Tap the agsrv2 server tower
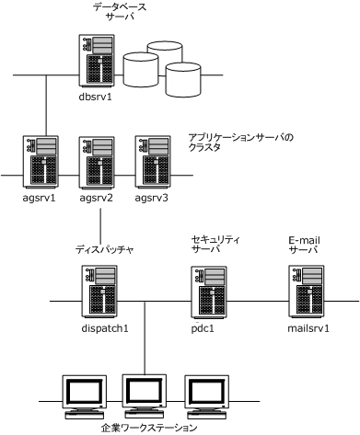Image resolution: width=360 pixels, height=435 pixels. [98, 162]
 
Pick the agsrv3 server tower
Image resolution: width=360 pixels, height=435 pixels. [151, 162]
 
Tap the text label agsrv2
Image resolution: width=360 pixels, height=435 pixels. [97, 198]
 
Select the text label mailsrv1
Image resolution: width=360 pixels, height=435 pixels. [308, 326]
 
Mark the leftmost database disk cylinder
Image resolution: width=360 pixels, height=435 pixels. [141, 66]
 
